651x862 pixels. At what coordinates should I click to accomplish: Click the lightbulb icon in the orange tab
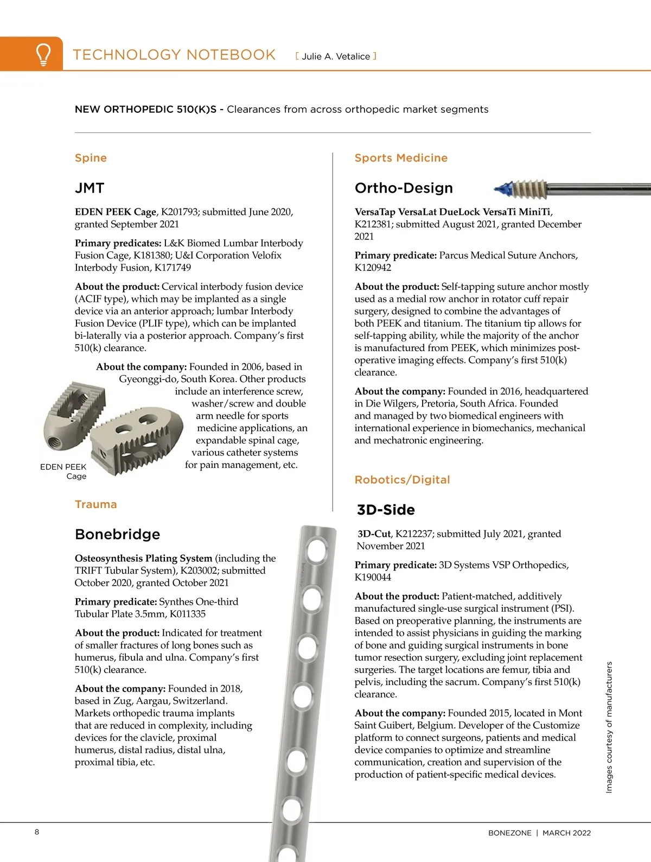click(43, 54)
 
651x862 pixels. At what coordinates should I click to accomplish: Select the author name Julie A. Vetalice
click(336, 56)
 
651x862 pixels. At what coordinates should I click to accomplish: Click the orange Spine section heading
click(91, 158)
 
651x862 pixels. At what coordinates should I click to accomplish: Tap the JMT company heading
click(90, 188)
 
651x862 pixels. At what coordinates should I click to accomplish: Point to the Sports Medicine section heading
click(401, 158)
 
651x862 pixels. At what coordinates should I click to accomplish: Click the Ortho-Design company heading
click(404, 188)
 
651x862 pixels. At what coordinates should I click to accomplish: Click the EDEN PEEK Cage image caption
click(64, 471)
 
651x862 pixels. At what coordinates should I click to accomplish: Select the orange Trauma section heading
click(95, 504)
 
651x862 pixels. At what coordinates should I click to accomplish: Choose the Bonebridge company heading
click(117, 534)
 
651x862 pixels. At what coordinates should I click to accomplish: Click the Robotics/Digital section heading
click(402, 480)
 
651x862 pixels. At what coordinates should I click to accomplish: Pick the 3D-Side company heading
click(386, 510)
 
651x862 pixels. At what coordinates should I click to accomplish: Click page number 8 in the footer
click(37, 832)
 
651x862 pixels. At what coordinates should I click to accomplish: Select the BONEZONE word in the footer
click(509, 833)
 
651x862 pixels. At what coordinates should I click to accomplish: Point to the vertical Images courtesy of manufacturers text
click(609, 727)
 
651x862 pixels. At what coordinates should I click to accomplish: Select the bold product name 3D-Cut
click(374, 534)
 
